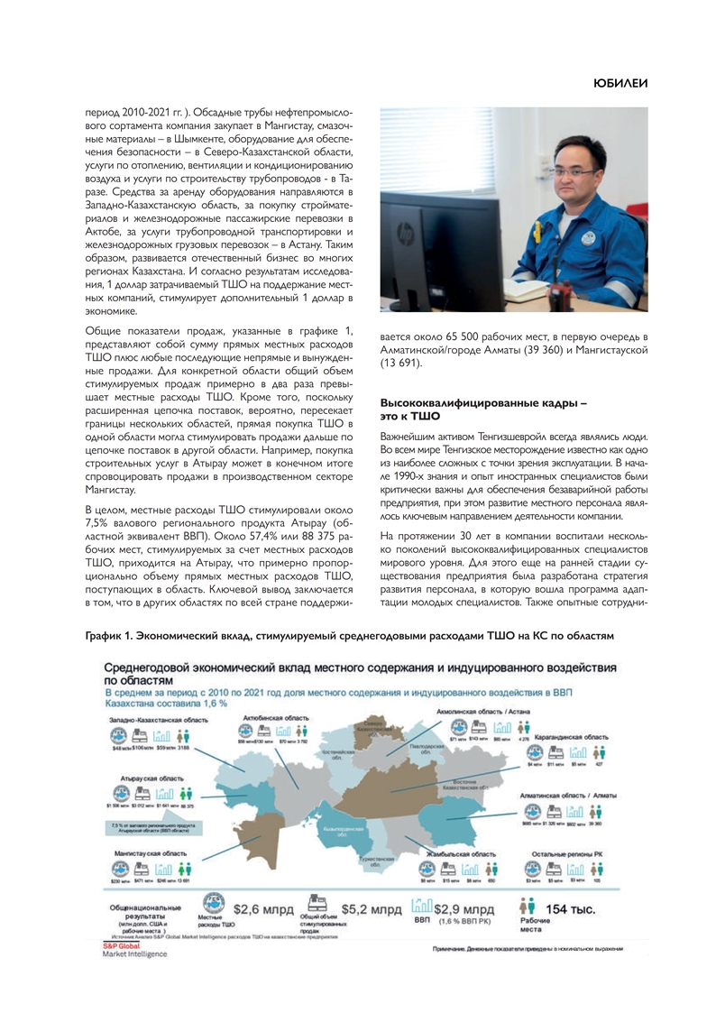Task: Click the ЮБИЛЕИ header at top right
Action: [x=620, y=83]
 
